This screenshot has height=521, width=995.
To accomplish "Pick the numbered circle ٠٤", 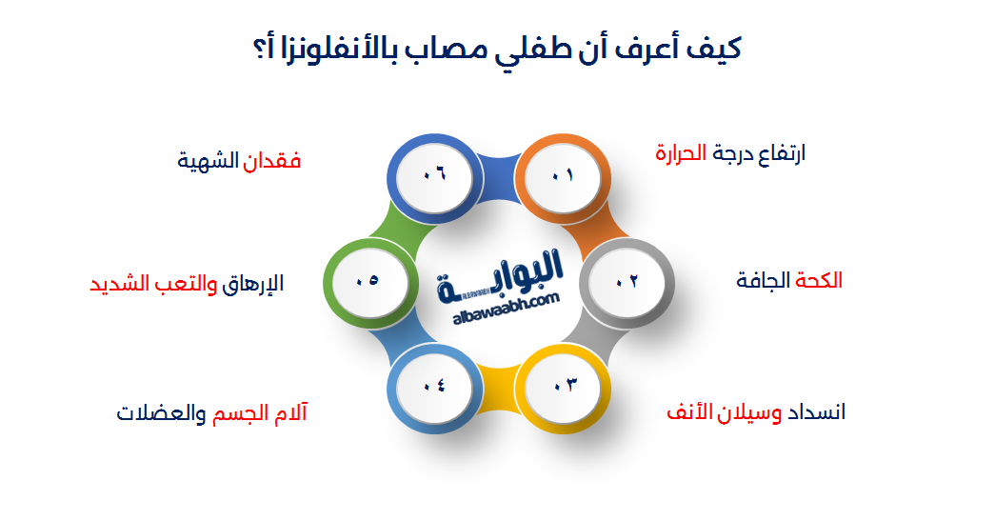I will pos(433,385).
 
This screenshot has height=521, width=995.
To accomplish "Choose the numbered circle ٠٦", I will pos(433,176).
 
